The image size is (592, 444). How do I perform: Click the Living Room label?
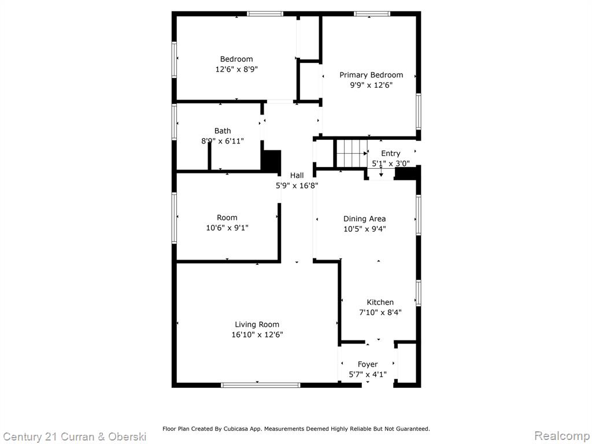click(257, 324)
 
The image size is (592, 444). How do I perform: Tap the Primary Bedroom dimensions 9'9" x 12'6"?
click(371, 85)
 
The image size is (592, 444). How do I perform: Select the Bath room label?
click(223, 131)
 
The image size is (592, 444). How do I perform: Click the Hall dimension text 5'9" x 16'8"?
click(297, 186)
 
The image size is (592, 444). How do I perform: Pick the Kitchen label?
click(380, 302)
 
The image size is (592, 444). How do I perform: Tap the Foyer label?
click(368, 364)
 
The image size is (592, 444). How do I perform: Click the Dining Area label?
click(364, 219)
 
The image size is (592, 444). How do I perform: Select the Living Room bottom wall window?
click(261, 385)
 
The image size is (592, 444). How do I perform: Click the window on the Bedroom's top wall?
click(265, 14)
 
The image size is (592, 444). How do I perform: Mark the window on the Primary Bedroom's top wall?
click(372, 14)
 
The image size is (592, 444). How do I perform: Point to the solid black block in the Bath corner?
click(272, 161)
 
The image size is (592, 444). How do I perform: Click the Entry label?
click(390, 153)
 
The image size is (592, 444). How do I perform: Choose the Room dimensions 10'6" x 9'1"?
click(227, 228)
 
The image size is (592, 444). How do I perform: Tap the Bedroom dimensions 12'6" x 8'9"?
click(236, 69)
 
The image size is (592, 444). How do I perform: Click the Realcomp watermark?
click(562, 435)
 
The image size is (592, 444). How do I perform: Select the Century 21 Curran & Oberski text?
click(75, 437)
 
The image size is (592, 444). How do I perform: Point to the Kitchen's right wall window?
click(419, 293)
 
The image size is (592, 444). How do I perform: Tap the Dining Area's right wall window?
click(419, 215)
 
